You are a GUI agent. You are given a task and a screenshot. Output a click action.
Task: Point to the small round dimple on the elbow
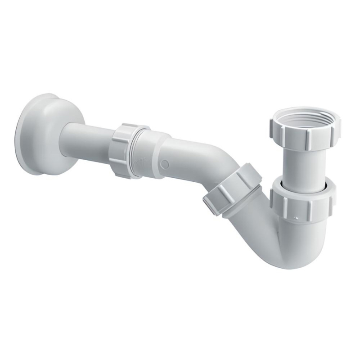click(165, 165)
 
